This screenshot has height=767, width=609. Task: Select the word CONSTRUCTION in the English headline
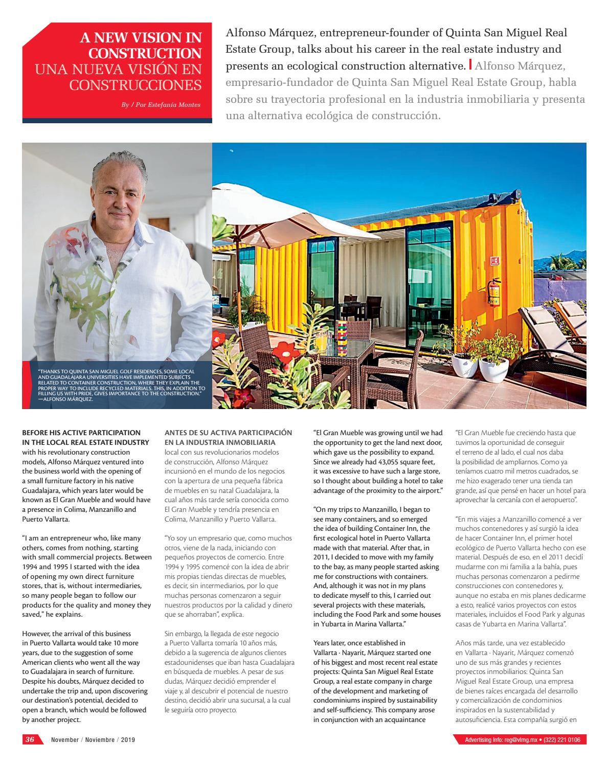144,53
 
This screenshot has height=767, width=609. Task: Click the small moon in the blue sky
233,151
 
